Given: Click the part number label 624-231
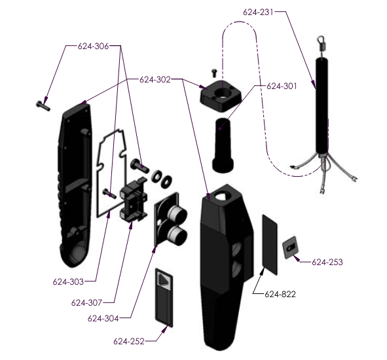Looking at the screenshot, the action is coord(258,12).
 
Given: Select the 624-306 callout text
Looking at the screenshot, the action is coord(93,46).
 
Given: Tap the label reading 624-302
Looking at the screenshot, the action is coord(155,80).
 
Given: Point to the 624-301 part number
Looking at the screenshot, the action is coord(282,86).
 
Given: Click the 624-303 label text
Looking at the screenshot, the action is coord(68,281).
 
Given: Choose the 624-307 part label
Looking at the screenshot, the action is coord(86,302).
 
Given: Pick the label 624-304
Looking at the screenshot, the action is coord(103,318).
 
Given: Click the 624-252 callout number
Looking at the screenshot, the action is coord(129,341).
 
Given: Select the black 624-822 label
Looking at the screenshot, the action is coord(280,294).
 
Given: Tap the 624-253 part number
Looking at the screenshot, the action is coord(327,262).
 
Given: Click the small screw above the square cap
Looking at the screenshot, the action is coord(214,73).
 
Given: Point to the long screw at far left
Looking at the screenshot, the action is coord(43,106).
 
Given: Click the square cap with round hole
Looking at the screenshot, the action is coord(221,96).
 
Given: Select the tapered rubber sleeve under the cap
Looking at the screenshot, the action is coord(223,145).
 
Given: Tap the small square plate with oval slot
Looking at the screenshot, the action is coord(290,247).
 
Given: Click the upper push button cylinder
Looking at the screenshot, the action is coord(177,213).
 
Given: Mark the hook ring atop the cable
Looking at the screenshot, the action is coord(321,39).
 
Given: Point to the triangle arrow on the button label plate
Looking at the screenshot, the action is coord(162,279).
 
